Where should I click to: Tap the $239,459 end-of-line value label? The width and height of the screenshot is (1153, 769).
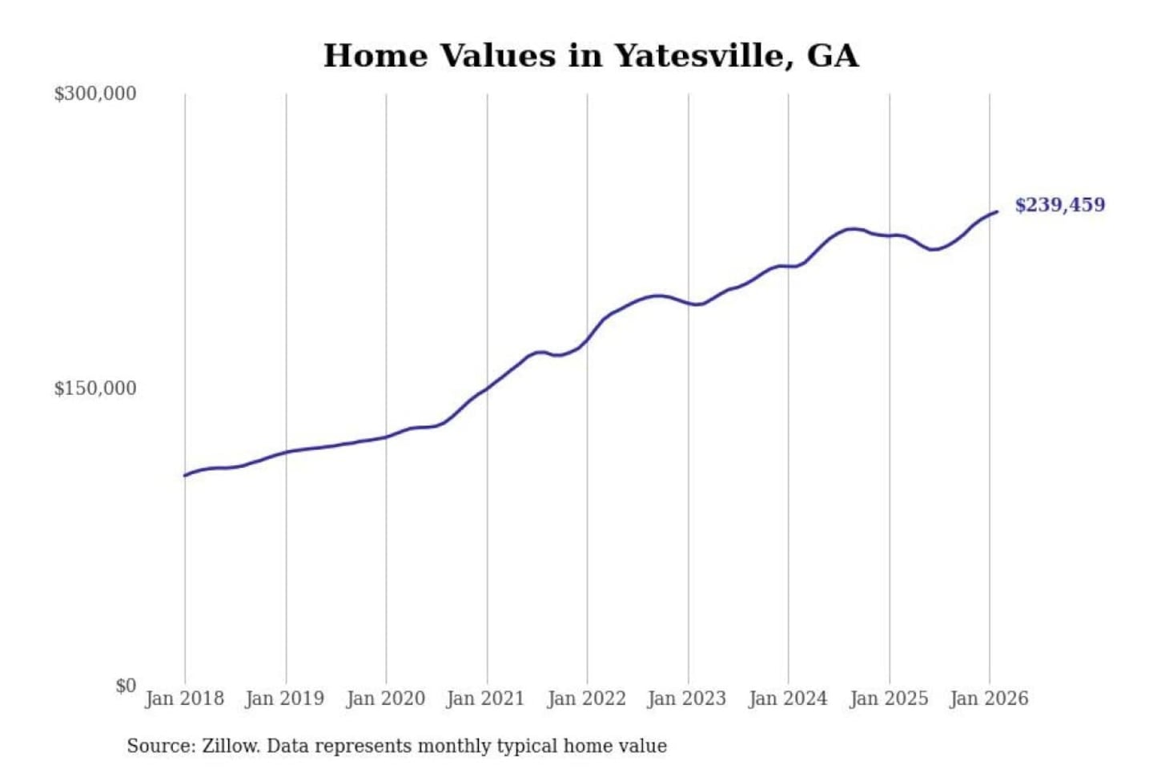click(1059, 205)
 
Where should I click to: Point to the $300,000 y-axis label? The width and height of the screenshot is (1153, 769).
click(95, 94)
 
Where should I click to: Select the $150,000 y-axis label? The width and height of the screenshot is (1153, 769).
click(95, 389)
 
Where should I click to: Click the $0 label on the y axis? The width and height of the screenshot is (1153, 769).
click(126, 686)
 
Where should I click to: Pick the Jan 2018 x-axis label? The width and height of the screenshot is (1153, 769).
click(184, 699)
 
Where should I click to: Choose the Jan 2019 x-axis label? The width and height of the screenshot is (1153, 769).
click(284, 699)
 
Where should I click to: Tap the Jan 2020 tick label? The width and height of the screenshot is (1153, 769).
click(385, 699)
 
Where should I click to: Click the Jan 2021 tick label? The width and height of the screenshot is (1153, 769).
click(485, 699)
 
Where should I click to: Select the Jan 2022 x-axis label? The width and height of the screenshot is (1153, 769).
click(586, 699)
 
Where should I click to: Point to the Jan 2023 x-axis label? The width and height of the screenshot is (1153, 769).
click(686, 699)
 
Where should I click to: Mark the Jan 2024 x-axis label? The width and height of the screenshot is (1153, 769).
click(787, 699)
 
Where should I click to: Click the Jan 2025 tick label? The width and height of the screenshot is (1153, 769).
click(888, 699)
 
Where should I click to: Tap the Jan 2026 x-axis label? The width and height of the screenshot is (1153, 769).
click(988, 699)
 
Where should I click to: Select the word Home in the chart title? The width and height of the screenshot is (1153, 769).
click(375, 56)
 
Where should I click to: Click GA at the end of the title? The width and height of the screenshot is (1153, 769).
click(833, 56)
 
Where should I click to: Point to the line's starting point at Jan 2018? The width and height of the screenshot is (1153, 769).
click(185, 476)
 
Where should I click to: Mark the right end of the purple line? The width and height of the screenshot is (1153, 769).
click(997, 211)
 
